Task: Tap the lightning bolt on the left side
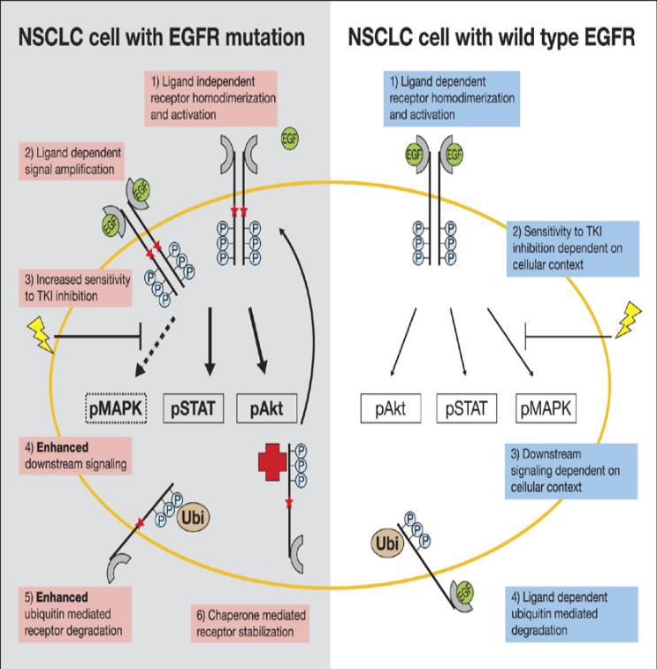coord(41,335)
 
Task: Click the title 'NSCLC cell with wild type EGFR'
coord(491,37)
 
